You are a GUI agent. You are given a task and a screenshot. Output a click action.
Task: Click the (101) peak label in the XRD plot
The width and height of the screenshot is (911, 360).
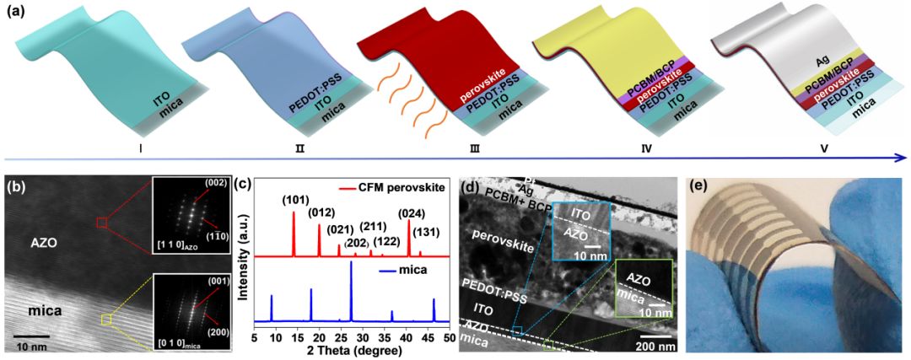[x=294, y=201]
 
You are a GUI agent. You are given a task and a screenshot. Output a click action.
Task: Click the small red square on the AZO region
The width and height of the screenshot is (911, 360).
[x=102, y=223]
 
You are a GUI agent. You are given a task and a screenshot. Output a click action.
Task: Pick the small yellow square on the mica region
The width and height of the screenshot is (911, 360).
[x=105, y=319]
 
